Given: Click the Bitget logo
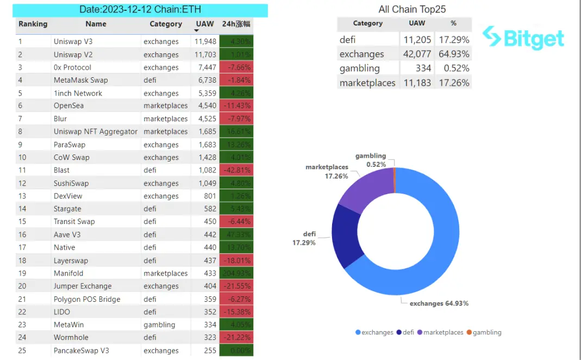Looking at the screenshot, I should (x=523, y=38).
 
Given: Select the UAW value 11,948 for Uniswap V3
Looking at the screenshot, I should (x=206, y=42).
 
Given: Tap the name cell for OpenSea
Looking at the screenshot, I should (x=68, y=105).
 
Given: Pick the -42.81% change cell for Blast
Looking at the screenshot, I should (x=236, y=170).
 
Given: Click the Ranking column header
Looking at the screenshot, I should (x=33, y=24).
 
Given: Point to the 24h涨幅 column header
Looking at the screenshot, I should (x=236, y=24).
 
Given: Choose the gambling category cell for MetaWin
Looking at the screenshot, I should (x=159, y=325).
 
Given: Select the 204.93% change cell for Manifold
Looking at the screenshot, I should (x=236, y=273).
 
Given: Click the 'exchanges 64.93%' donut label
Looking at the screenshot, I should (x=439, y=303).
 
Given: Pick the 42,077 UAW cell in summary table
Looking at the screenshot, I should (x=417, y=54).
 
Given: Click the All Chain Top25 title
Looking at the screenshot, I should (x=412, y=10).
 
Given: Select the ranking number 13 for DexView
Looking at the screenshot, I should (x=22, y=196).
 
